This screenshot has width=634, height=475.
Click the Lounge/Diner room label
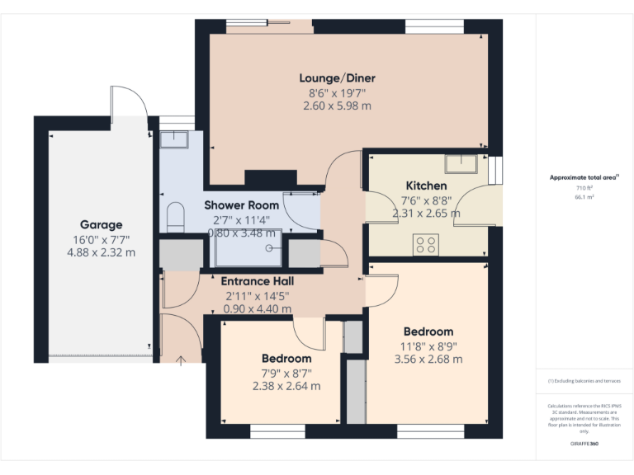click(337, 78)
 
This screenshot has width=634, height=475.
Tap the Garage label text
click(101, 224)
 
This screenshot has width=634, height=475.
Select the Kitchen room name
click(426, 186)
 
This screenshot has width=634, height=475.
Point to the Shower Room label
click(242, 205)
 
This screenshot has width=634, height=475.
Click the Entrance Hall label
click(258, 281)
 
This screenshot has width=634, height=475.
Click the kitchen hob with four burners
click(425, 244)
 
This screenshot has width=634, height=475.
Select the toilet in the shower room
click(174, 217)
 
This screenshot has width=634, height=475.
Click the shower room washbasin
click(174, 139)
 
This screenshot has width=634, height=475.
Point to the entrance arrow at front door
click(182, 359)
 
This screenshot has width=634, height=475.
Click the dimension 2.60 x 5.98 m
click(337, 106)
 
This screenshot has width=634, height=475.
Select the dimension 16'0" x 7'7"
click(101, 239)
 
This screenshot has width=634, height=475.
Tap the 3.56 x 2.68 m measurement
click(428, 359)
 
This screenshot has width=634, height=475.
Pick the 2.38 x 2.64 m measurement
click(286, 385)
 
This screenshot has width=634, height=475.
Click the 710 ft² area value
click(584, 188)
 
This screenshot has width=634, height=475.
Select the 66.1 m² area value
click(584, 198)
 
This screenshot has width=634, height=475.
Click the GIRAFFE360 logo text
click(584, 444)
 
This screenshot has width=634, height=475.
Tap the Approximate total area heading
click(583, 177)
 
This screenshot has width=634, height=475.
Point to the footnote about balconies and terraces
click(584, 381)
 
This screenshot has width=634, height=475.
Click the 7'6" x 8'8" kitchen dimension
click(426, 200)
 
